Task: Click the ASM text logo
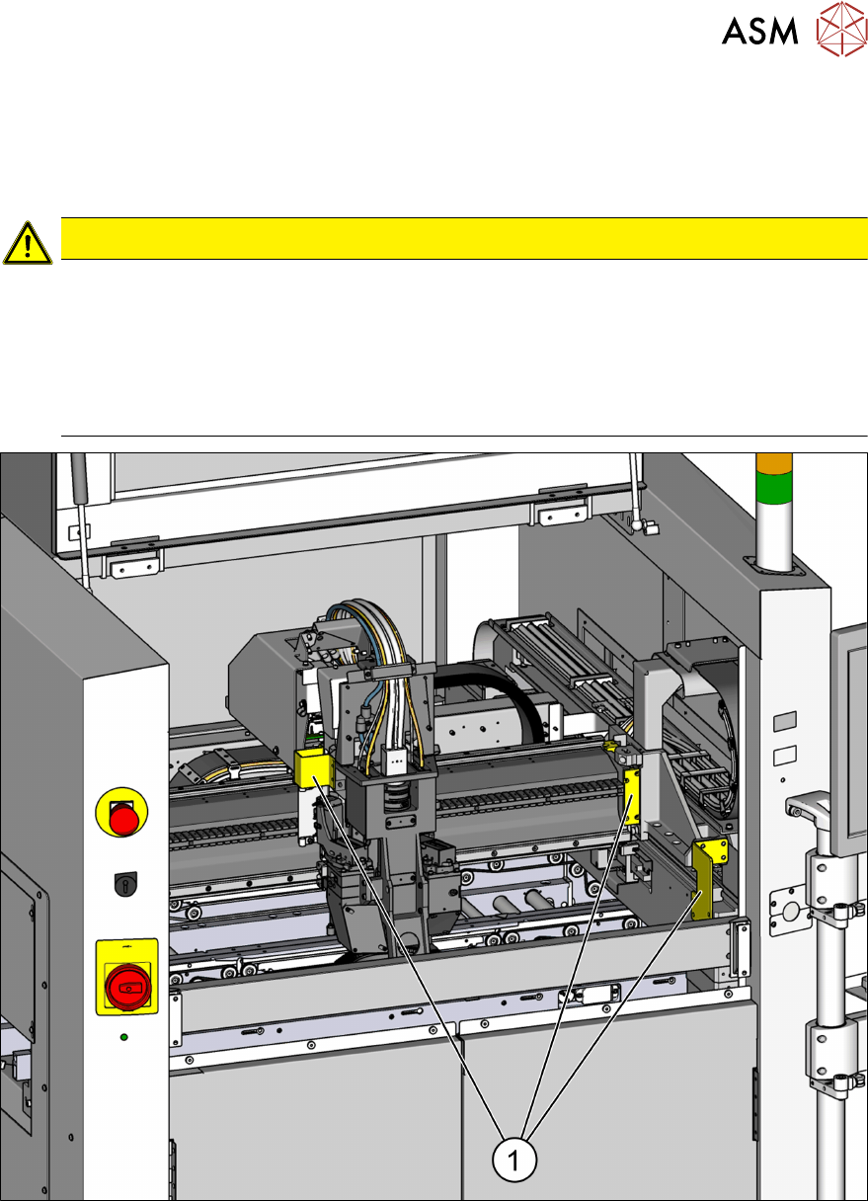759,31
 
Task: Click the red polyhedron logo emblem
841,29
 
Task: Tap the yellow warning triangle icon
28,243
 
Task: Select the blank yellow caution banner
464,239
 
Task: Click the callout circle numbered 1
513,1161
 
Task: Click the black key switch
126,884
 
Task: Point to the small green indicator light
124,1038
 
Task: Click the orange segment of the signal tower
773,464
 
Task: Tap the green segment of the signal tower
773,489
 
